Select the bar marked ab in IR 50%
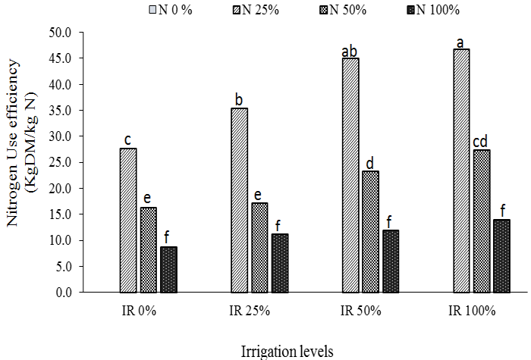tap(350, 175)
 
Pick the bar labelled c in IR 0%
tap(128, 220)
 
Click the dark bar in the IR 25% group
tap(259, 263)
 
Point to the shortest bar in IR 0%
tap(168, 269)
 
